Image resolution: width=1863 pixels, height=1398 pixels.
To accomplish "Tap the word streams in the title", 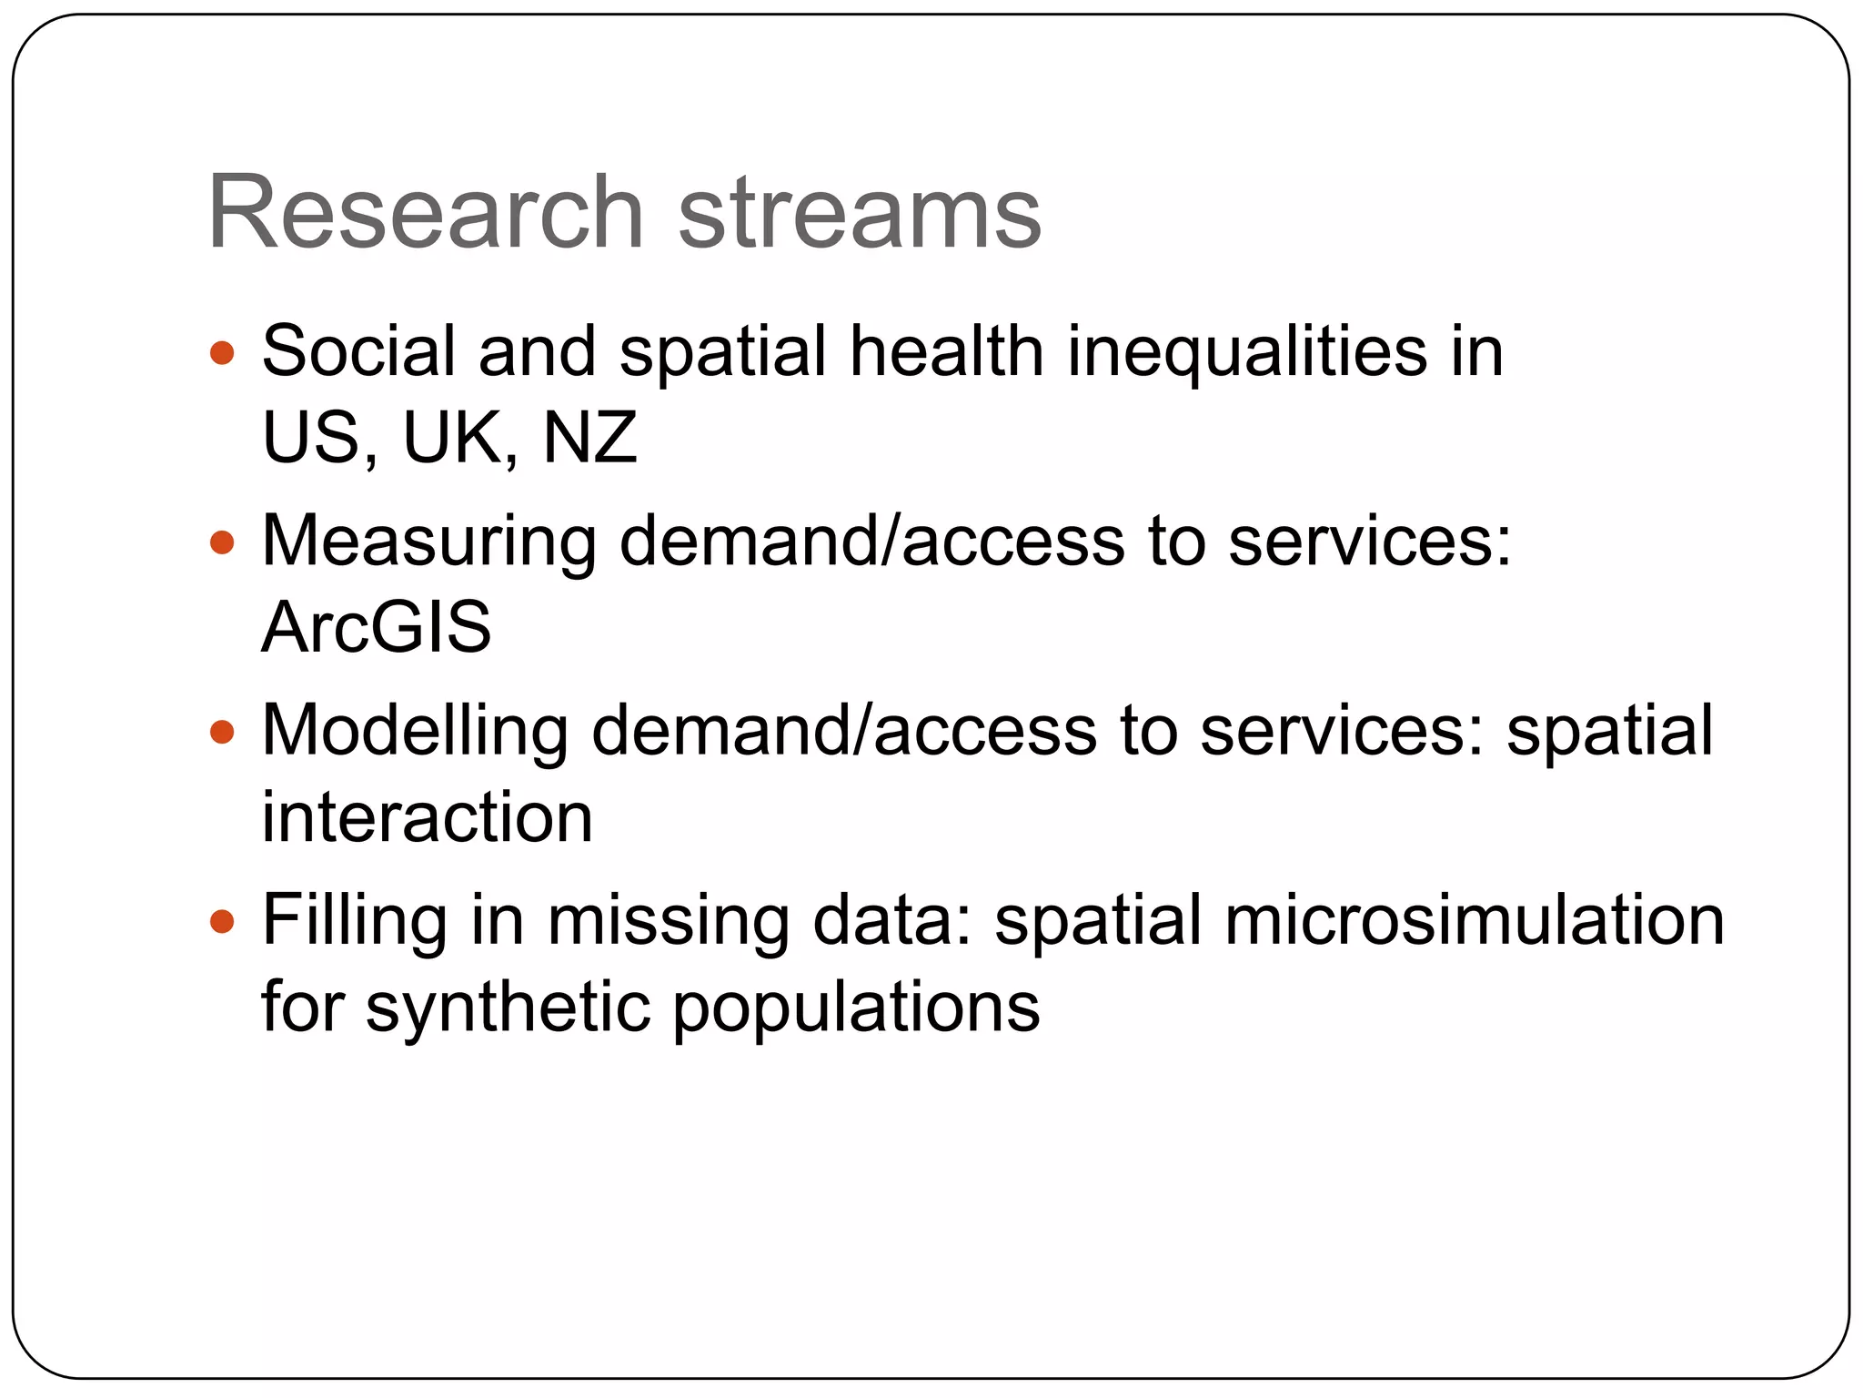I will tap(859, 214).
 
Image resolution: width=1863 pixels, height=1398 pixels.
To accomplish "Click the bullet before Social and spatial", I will tap(222, 352).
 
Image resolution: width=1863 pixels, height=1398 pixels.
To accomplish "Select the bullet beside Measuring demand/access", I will tap(222, 543).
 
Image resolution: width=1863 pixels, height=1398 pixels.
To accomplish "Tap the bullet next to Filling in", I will tap(222, 922).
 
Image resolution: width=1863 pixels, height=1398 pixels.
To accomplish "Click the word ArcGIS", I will tap(376, 627).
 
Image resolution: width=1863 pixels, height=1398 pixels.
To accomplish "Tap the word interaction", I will tap(427, 816).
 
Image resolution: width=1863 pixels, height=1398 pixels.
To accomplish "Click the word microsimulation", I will tap(1474, 920).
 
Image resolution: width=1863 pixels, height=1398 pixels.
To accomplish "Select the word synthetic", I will tap(509, 1008).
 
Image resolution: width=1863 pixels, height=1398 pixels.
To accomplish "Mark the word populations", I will tap(856, 1009).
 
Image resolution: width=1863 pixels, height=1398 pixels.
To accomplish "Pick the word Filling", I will tap(355, 922).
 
